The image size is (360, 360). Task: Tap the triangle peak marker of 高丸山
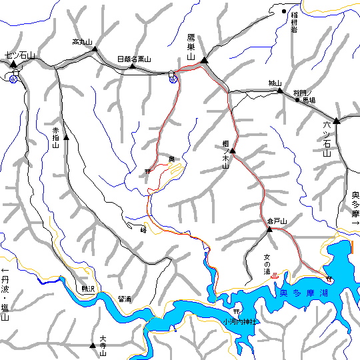(95, 49)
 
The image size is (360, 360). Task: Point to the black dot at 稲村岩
(283, 11)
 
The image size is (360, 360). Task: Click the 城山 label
(275, 83)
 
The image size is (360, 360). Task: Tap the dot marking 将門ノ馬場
(297, 100)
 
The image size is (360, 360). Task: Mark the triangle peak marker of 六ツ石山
(337, 121)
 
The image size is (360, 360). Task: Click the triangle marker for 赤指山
(65, 137)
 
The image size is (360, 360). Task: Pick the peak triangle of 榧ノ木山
(233, 151)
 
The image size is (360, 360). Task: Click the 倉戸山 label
(275, 221)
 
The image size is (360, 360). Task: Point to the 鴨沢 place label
(89, 289)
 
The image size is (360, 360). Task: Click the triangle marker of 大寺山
(93, 345)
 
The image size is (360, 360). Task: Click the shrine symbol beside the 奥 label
(147, 171)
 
